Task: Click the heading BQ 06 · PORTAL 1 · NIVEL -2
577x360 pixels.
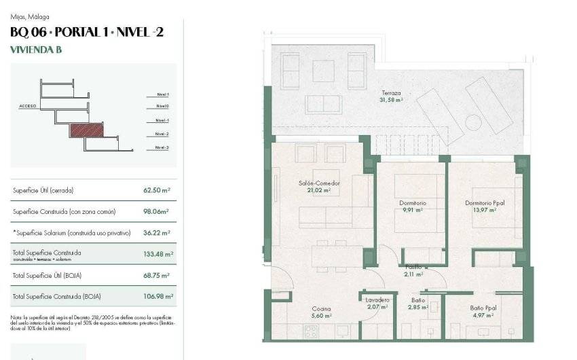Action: (87, 31)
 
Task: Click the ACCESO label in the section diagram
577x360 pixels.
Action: (28, 107)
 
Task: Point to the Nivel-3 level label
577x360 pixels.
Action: (162, 147)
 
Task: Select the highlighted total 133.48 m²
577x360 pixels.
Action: (158, 254)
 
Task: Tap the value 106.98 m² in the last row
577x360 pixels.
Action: (158, 296)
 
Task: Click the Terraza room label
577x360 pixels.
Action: (390, 92)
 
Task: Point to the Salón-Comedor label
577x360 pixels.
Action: (318, 183)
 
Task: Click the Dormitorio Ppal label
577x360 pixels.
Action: (485, 203)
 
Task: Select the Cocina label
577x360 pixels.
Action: (321, 308)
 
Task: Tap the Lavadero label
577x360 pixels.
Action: (377, 300)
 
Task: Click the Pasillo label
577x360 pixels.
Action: (413, 267)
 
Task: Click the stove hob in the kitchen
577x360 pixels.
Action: (311, 332)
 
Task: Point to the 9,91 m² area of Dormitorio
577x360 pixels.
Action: (412, 210)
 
